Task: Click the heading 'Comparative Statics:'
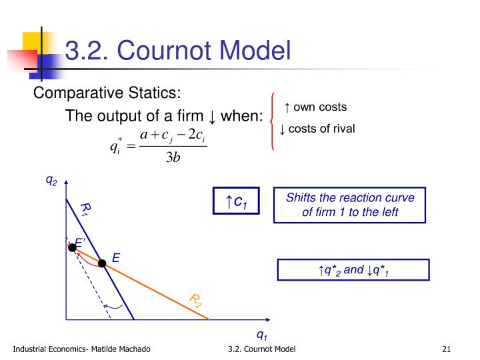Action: pyautogui.click(x=107, y=93)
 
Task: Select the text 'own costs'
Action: pyautogui.click(x=320, y=107)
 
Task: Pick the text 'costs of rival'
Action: pyautogui.click(x=321, y=129)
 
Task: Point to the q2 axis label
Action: pyautogui.click(x=51, y=179)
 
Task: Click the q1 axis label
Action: pyautogui.click(x=261, y=335)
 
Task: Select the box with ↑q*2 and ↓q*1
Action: pyautogui.click(x=354, y=270)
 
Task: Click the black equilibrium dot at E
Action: pyautogui.click(x=102, y=263)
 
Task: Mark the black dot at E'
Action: pyautogui.click(x=73, y=247)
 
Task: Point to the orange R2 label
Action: pyautogui.click(x=195, y=300)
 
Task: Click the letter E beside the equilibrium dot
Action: pyautogui.click(x=115, y=257)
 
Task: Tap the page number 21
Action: pyautogui.click(x=447, y=349)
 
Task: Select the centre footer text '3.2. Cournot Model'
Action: pyautogui.click(x=261, y=349)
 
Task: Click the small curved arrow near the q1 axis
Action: pyautogui.click(x=117, y=306)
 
